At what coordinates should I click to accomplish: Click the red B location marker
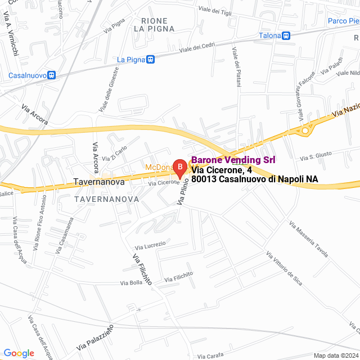click(x=179, y=166)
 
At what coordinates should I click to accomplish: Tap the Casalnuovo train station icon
click(x=52, y=75)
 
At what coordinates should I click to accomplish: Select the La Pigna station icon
click(x=150, y=59)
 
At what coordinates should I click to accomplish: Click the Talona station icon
click(x=286, y=35)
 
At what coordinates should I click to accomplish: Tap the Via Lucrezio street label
click(x=150, y=246)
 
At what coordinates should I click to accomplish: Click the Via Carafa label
click(x=210, y=355)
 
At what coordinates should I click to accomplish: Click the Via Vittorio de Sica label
click(x=283, y=268)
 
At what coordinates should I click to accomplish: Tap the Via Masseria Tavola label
click(x=308, y=240)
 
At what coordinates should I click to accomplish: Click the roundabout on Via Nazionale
click(x=305, y=131)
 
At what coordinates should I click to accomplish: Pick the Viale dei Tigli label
click(x=215, y=11)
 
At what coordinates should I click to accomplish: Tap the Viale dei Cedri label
click(x=197, y=49)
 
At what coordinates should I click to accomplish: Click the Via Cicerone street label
click(x=164, y=183)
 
